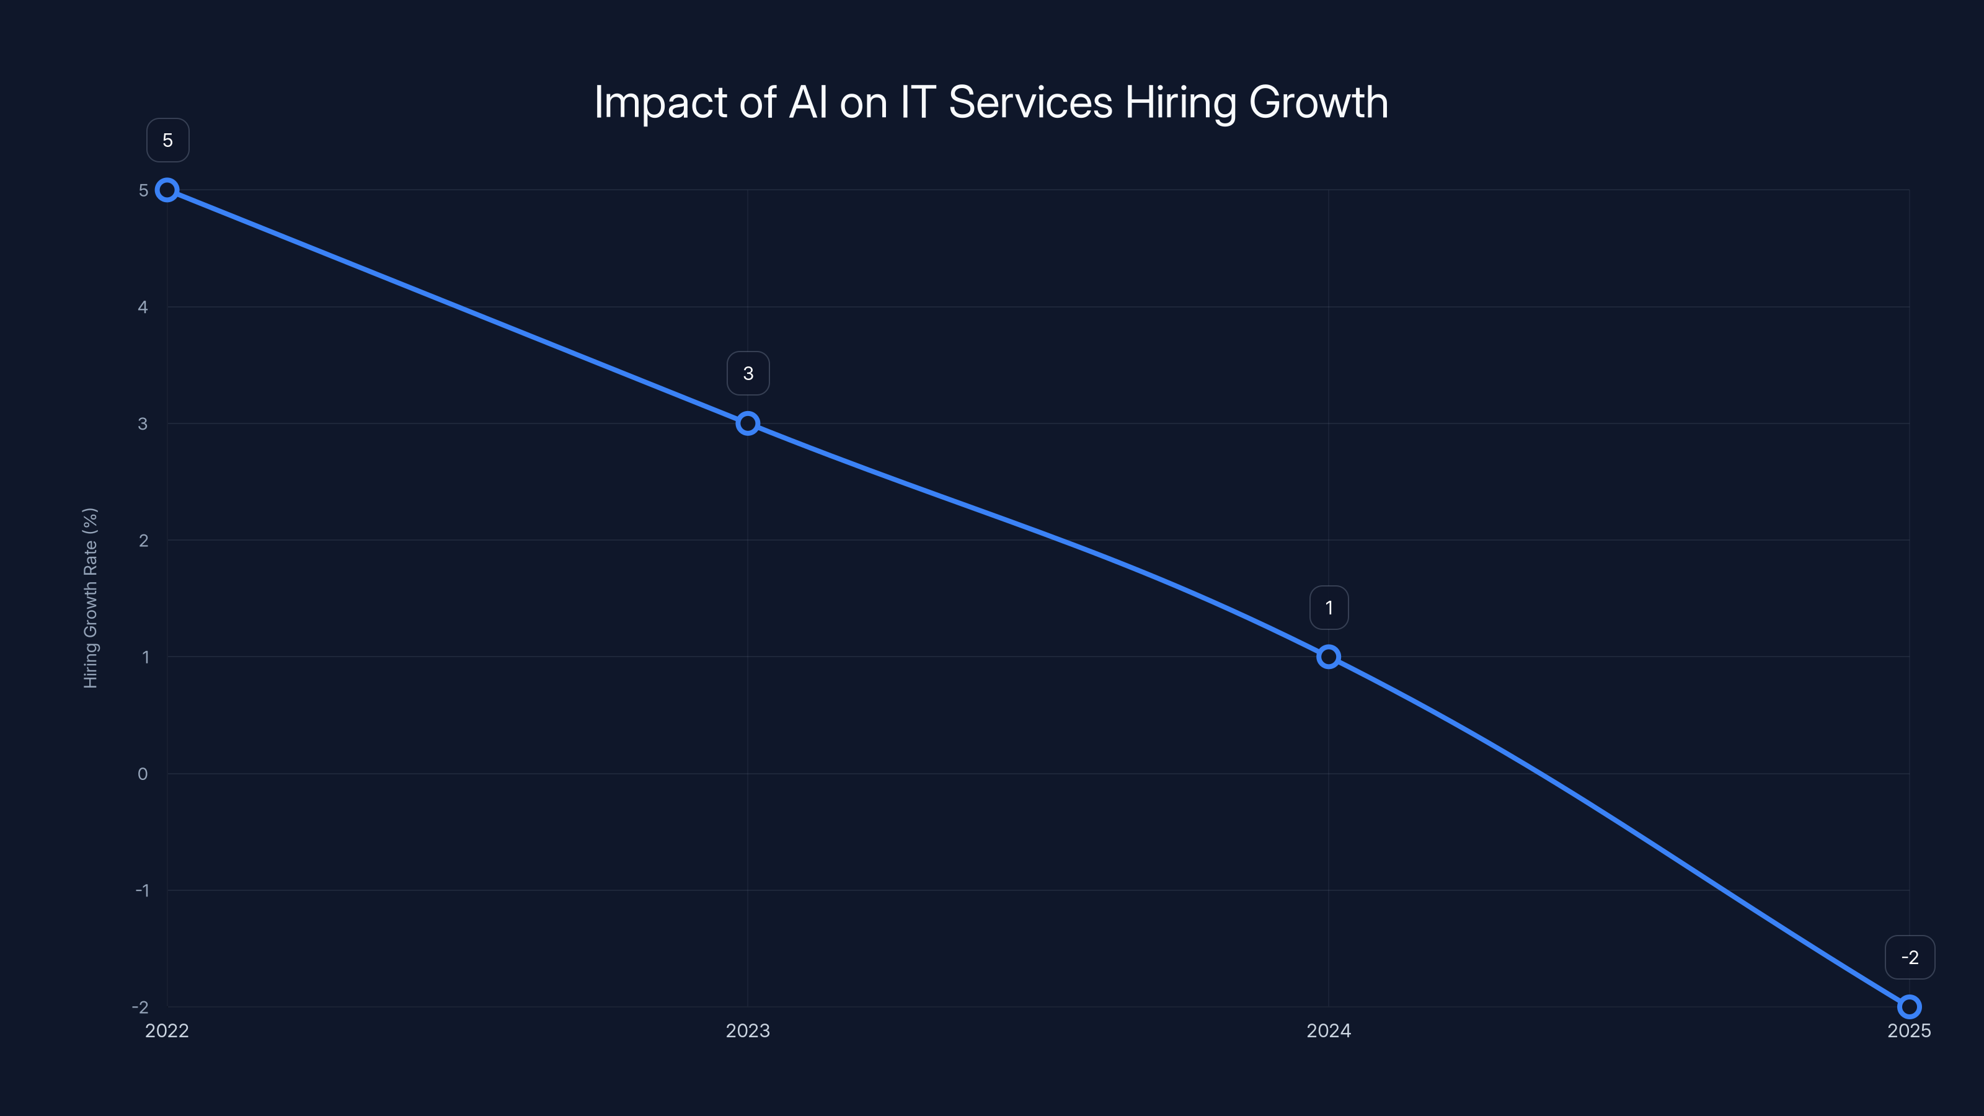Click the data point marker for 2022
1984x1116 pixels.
point(167,190)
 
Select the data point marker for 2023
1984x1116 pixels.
point(748,423)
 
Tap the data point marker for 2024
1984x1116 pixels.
point(1329,657)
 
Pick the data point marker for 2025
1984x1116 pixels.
point(1910,1007)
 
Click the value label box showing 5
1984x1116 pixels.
point(168,140)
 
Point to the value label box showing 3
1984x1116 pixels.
point(748,373)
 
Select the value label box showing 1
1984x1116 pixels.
point(1329,608)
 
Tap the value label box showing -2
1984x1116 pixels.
point(1910,957)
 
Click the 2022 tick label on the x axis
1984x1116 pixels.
point(167,1030)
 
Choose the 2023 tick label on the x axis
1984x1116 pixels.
point(748,1030)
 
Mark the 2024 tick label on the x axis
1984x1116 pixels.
point(1329,1030)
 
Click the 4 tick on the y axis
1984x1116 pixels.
point(143,308)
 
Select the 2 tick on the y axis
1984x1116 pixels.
point(143,541)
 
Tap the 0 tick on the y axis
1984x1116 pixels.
point(143,774)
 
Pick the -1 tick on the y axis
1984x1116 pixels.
point(142,890)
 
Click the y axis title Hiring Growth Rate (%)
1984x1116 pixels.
point(90,598)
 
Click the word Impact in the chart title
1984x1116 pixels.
point(660,102)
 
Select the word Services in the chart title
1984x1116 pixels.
point(1030,102)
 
